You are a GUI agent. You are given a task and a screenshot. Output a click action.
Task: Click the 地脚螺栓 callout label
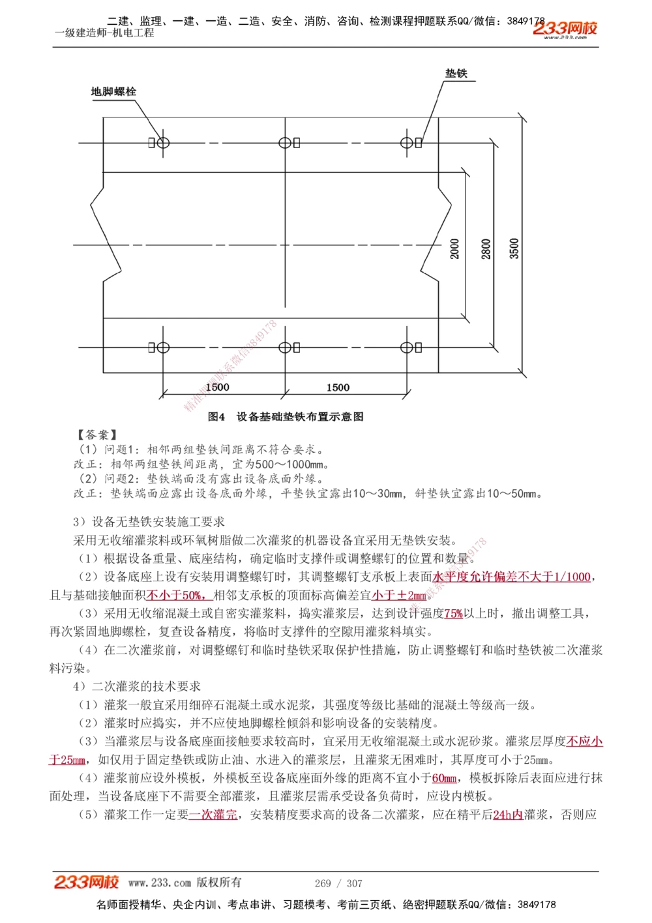coord(113,92)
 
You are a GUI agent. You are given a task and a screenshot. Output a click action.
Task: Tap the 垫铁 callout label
coord(456,74)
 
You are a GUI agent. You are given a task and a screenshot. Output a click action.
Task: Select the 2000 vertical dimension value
coord(455,249)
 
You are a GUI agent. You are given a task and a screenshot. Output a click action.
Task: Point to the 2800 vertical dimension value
coord(486,249)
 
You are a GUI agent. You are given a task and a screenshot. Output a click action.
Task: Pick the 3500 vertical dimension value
coord(514,249)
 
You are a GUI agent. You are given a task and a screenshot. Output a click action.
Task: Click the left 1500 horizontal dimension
coord(217,387)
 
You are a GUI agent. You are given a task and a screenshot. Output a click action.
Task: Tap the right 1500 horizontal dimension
coord(338,387)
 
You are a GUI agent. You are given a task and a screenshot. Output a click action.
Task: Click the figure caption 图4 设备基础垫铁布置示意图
coord(286,417)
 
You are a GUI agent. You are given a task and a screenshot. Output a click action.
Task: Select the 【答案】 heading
coord(96,434)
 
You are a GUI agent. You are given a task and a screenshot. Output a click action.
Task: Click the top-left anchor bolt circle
coord(163,143)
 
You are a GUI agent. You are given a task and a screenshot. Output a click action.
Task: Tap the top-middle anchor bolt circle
coord(284,143)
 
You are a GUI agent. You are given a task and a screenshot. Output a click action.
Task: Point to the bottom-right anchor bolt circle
coord(406,348)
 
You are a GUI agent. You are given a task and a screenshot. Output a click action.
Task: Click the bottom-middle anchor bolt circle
coord(284,348)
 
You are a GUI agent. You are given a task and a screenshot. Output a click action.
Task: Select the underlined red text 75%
coord(453,614)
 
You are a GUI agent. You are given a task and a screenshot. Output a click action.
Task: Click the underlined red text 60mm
coord(444,778)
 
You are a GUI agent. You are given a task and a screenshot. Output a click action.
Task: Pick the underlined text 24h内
coord(508,815)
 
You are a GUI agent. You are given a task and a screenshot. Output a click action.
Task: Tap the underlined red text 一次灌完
coord(213,815)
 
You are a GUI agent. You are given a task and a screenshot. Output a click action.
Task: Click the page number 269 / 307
coord(338,883)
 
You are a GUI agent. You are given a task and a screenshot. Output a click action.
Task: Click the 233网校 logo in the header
coord(565,29)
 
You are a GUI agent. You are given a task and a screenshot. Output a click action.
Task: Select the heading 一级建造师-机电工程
coord(104,33)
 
